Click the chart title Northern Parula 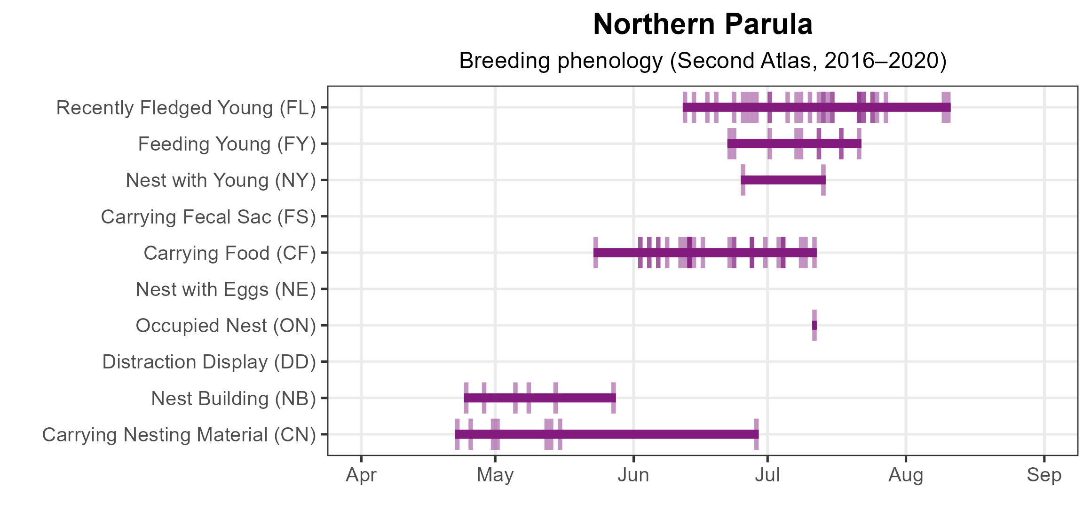tap(703, 24)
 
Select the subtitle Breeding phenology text tap(703, 61)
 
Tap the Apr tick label tap(361, 475)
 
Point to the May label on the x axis tap(495, 475)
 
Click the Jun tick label tap(633, 475)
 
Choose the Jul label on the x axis tap(767, 475)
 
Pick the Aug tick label tap(906, 475)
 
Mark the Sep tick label tap(1044, 475)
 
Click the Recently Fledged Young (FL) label tap(186, 108)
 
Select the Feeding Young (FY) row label tap(227, 144)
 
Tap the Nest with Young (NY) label tap(221, 180)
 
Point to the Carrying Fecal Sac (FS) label tap(208, 217)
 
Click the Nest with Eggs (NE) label tap(226, 289)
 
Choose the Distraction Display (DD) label tap(209, 362)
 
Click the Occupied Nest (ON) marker tap(814, 325)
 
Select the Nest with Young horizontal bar tap(783, 180)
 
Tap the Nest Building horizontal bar tap(540, 398)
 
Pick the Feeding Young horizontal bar tap(794, 144)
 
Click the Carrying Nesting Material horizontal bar tap(607, 434)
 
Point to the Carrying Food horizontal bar tap(705, 253)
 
